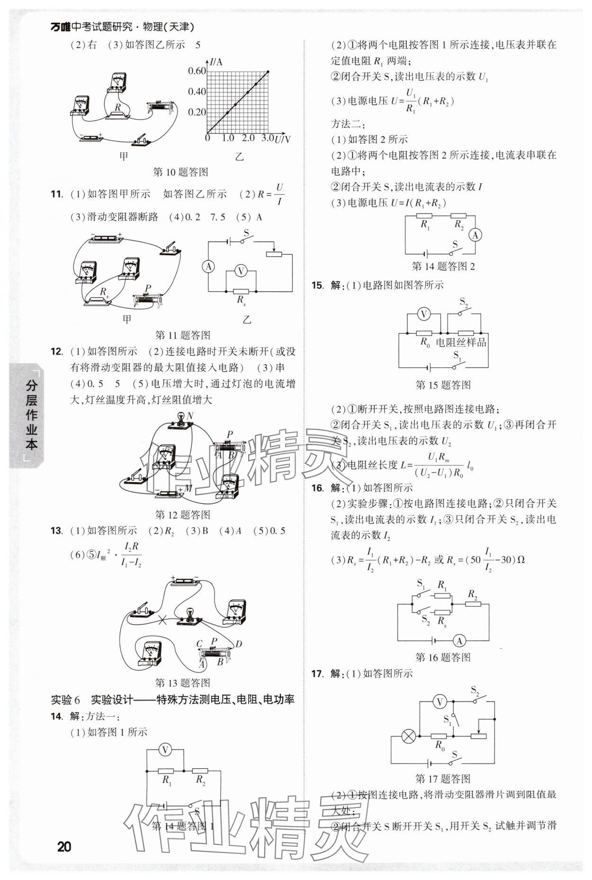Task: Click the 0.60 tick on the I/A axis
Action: point(197,71)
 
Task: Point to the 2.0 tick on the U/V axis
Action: point(248,138)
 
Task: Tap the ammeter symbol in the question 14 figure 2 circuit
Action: point(475,235)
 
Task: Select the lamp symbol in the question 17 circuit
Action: point(408,736)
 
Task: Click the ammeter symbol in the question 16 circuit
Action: point(458,641)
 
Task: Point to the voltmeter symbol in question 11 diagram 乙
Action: point(241,271)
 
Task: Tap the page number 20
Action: point(64,846)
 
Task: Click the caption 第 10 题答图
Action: point(181,172)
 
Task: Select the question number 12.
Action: point(56,351)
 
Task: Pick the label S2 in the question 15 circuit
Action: point(464,302)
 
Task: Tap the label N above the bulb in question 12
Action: point(190,416)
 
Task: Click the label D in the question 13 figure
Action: point(238,644)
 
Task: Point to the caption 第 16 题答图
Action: point(443,657)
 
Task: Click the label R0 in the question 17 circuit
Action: point(440,746)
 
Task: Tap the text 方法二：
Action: point(348,124)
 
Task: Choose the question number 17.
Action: point(317,673)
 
